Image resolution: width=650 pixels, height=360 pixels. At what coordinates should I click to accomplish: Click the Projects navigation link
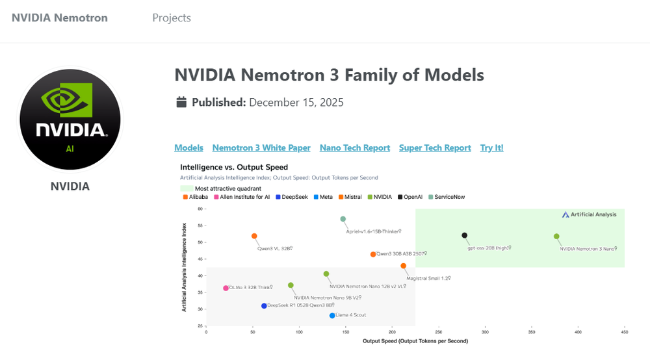pos(172,18)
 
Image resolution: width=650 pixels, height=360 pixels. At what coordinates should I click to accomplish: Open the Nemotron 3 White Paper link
pos(261,148)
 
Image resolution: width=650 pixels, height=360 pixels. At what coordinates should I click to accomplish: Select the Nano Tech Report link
pos(355,148)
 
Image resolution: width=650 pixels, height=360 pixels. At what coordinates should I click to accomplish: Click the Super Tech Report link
pos(435,148)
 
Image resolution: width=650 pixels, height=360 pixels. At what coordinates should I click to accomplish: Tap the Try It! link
pos(491,148)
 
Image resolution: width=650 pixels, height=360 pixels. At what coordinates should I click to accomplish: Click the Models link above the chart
pos(188,148)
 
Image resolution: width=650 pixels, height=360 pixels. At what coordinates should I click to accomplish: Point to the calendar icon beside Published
pos(182,103)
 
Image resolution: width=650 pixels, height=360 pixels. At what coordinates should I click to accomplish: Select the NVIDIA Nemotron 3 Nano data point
pos(556,237)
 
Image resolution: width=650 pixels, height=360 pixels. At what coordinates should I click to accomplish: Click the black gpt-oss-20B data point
pos(464,235)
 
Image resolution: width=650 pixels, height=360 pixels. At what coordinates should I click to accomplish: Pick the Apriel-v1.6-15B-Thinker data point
pos(343,219)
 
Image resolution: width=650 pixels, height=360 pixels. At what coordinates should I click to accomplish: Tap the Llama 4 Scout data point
pos(332,315)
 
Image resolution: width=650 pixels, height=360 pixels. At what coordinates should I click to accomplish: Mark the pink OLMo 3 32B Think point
pos(226,288)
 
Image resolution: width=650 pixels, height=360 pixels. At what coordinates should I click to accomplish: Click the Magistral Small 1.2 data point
pos(403,266)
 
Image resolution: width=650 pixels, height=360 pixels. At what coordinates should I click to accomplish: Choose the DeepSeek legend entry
pos(294,197)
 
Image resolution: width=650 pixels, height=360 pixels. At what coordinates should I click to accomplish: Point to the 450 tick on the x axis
pos(624,331)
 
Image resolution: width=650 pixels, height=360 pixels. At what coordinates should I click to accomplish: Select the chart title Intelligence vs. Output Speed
pos(233,167)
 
